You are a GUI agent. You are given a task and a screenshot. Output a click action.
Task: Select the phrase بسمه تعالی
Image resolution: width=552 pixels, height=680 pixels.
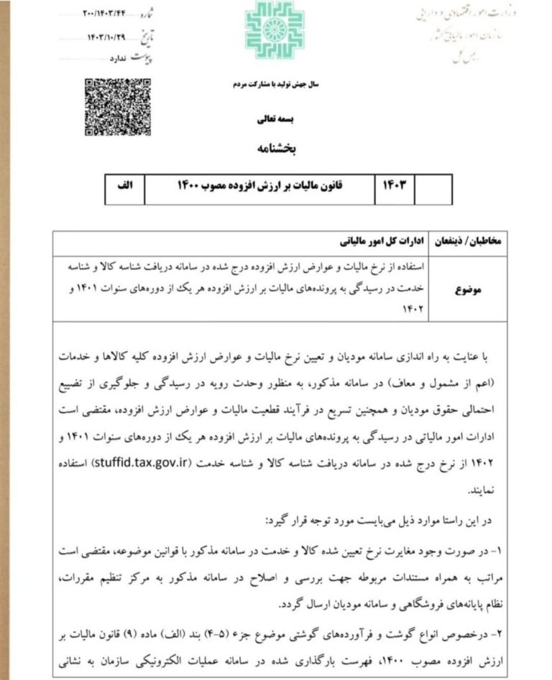coord(275,119)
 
